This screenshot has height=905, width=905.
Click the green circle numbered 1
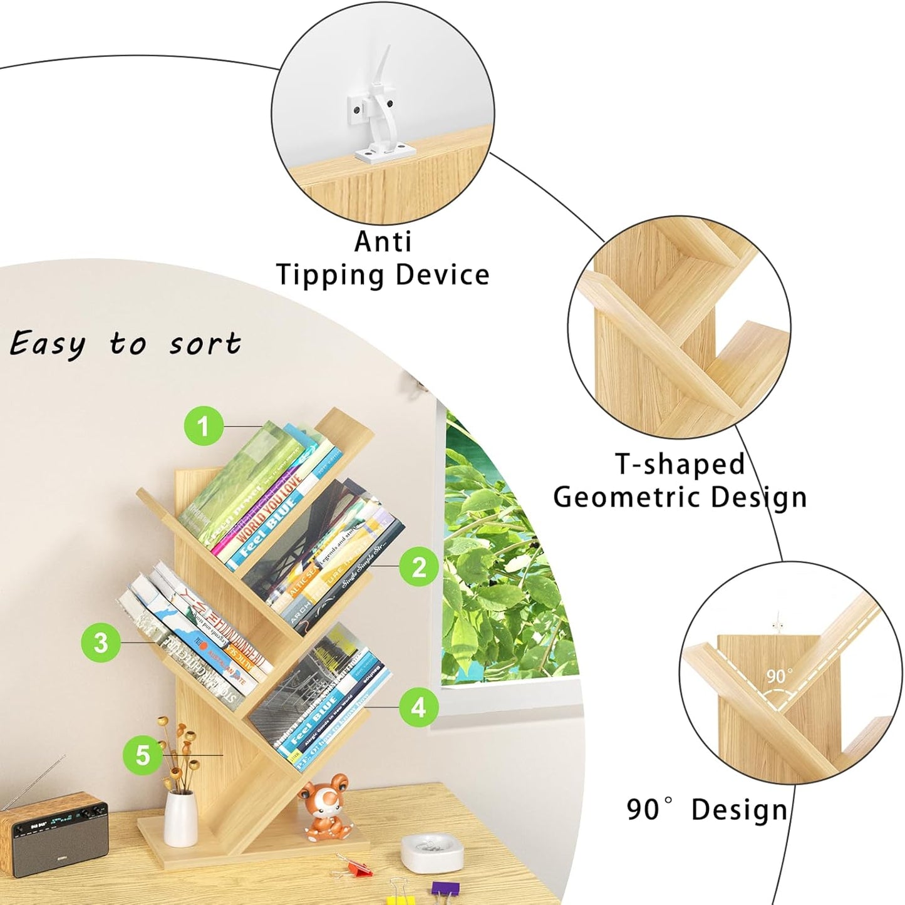pyautogui.click(x=204, y=427)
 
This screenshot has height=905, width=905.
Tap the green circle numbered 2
pyautogui.click(x=419, y=567)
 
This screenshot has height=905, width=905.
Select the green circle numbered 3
pyautogui.click(x=100, y=643)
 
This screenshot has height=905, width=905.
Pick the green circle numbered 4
pyautogui.click(x=418, y=707)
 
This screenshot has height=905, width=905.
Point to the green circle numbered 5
pyautogui.click(x=143, y=755)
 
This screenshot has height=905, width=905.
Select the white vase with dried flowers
pyautogui.click(x=180, y=817)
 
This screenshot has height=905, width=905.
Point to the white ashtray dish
pyautogui.click(x=432, y=852)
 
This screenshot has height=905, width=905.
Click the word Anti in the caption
pyautogui.click(x=383, y=242)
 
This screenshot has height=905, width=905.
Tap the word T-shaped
pyautogui.click(x=680, y=465)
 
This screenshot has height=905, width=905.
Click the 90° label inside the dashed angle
pyautogui.click(x=779, y=676)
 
